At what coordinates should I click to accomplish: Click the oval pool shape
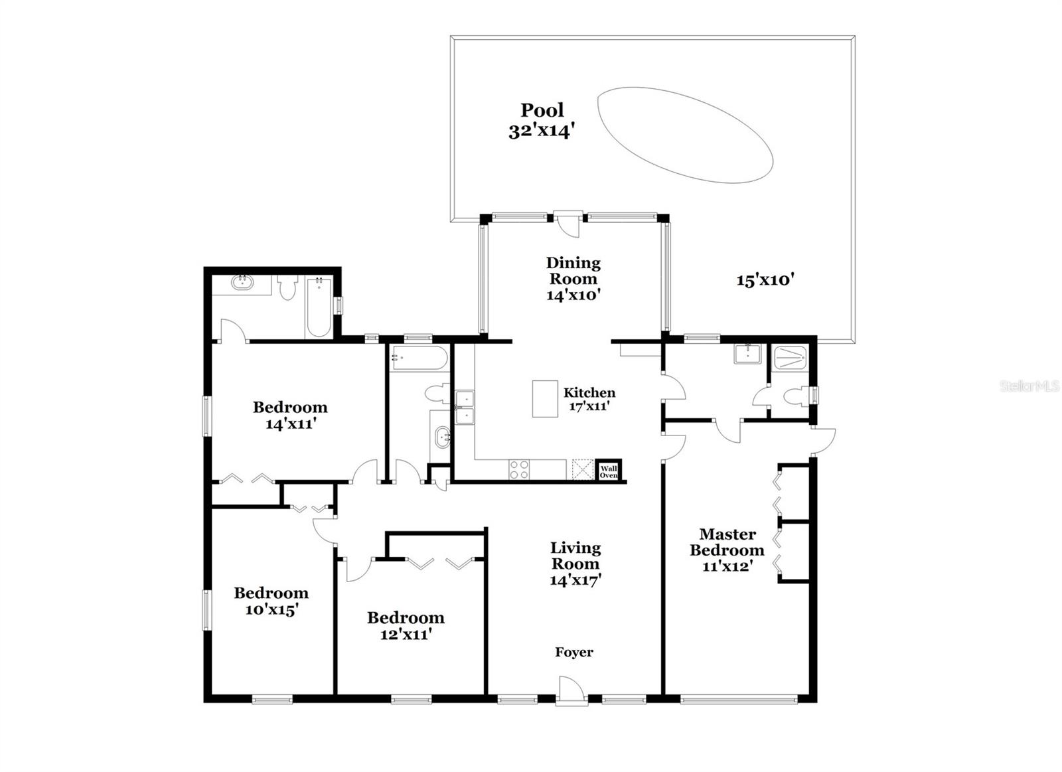coord(685,135)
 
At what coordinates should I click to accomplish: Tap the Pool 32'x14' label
coord(542,120)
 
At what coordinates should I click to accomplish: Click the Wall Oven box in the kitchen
coord(608,470)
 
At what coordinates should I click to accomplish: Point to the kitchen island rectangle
coord(545,399)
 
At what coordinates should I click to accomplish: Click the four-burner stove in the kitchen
coord(519,469)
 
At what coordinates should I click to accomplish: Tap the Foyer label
coord(574,653)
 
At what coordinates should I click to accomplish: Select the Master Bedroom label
coord(727,550)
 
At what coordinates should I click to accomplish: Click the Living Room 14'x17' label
coord(575,564)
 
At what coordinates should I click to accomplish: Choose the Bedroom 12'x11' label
coord(406,626)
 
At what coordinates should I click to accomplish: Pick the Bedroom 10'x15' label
coord(271,601)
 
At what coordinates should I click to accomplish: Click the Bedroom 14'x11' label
coord(290,416)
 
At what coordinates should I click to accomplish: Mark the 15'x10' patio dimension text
coord(765,280)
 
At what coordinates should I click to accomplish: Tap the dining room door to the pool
coord(568,223)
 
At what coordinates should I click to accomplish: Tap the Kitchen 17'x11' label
coord(589,399)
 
